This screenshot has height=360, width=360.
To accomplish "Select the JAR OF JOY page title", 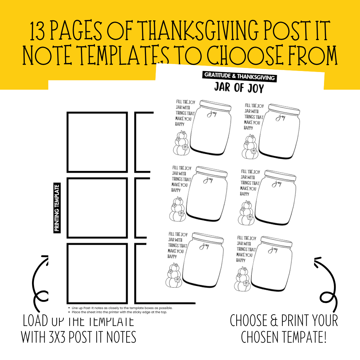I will point(239,88).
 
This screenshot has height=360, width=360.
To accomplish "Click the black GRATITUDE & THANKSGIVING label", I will point(239,76).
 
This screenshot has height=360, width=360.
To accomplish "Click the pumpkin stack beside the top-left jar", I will point(182,143).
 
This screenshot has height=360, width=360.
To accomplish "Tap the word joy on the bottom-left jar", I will point(204,246).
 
